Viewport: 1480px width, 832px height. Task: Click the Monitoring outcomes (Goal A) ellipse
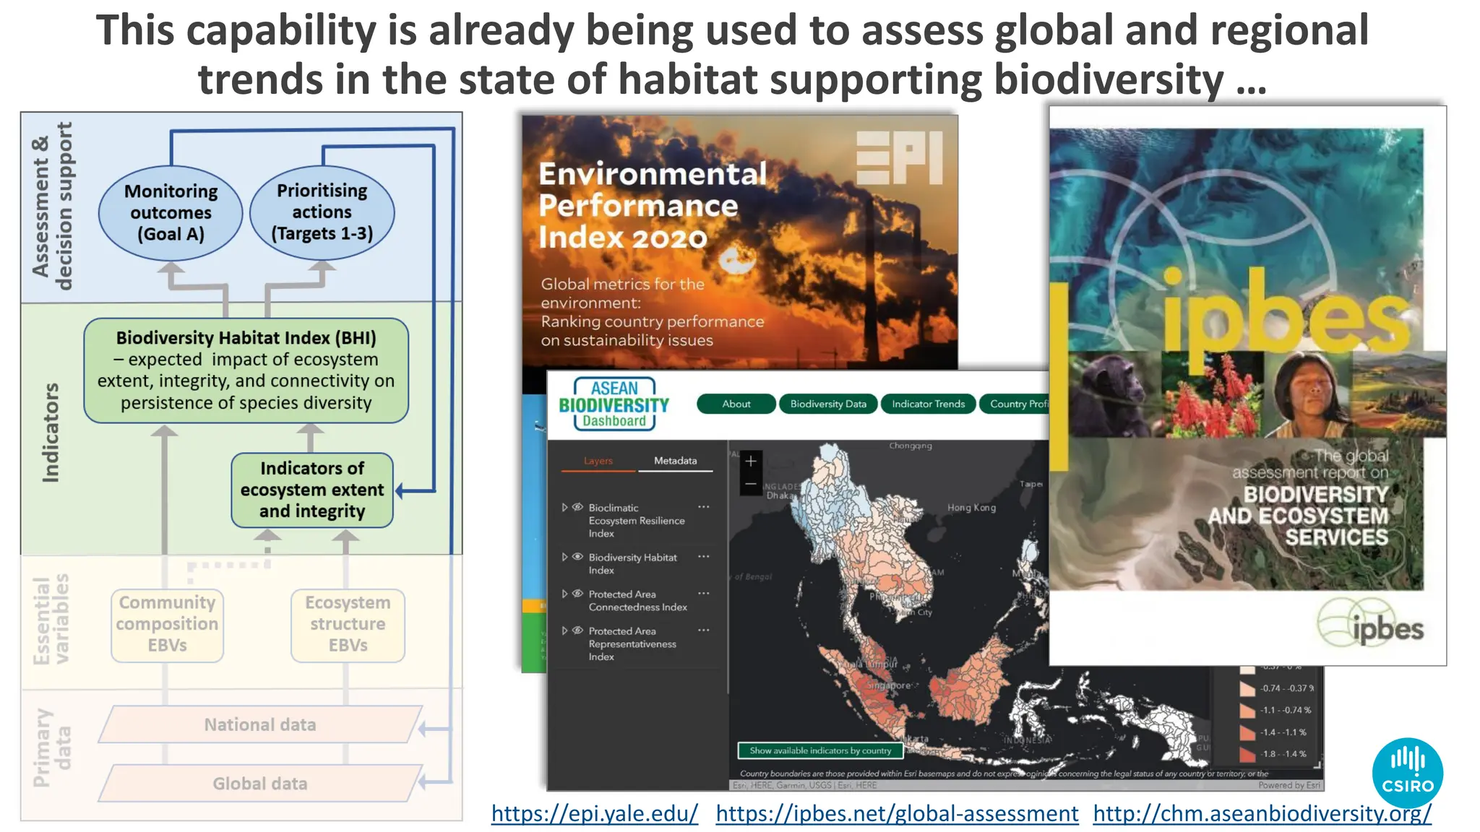(171, 212)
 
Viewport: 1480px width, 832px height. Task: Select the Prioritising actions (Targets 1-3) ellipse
(322, 212)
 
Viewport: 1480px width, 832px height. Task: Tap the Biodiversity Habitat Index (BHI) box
(246, 370)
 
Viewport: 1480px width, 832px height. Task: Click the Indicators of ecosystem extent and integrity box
(312, 490)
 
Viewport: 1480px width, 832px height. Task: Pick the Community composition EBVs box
(167, 624)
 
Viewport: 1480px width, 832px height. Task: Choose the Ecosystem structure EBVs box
(348, 624)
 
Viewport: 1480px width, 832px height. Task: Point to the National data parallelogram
(260, 724)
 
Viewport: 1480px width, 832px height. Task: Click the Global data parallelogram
(260, 784)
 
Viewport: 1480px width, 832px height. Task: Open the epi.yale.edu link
(594, 813)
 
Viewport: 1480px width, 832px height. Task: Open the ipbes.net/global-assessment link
(897, 813)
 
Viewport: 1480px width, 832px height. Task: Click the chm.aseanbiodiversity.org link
(1262, 813)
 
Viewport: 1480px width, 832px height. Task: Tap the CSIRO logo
(1407, 772)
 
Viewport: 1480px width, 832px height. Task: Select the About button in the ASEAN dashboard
(736, 404)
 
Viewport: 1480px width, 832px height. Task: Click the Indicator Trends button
(928, 404)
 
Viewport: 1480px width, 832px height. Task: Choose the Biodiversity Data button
(828, 404)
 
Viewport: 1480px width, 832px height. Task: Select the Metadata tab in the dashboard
(675, 461)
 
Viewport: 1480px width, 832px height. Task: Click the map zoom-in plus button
(751, 461)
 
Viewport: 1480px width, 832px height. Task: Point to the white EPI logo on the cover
(899, 157)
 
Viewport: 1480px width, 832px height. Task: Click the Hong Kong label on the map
(971, 508)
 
